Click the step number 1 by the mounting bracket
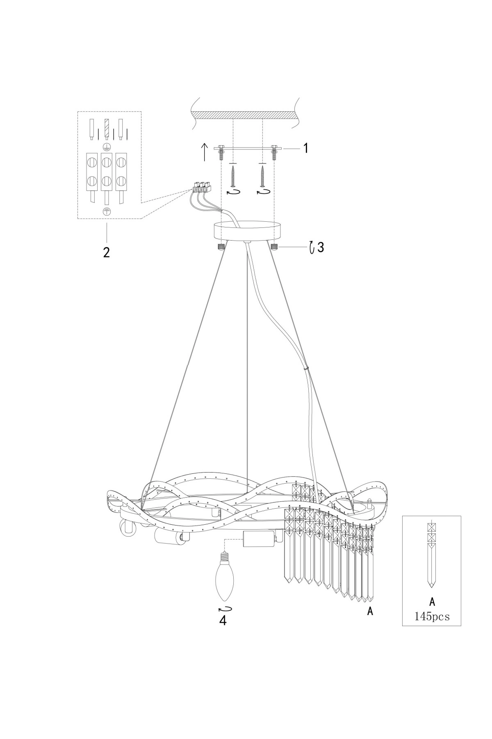point(305,148)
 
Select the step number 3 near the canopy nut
point(321,248)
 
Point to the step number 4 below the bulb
point(223,620)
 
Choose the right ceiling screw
point(262,175)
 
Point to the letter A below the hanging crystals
point(370,611)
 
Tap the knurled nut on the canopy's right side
point(274,246)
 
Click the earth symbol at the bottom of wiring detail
point(106,211)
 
